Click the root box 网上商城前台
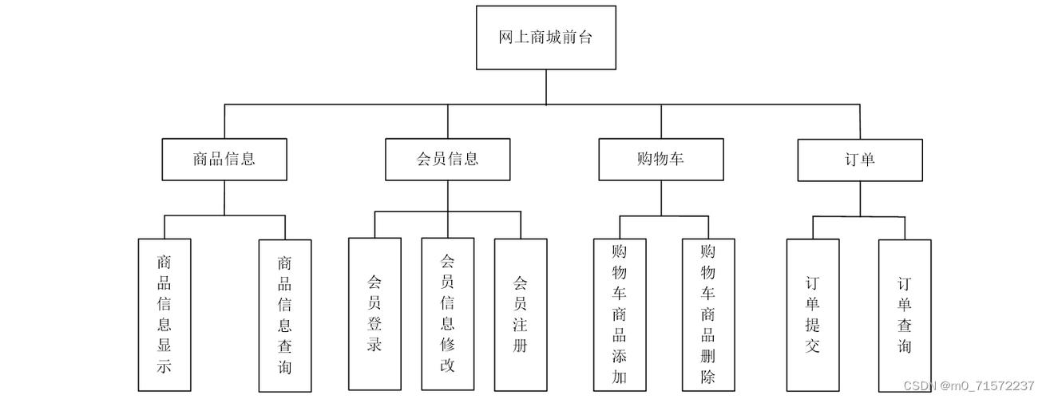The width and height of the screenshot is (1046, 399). pos(546,38)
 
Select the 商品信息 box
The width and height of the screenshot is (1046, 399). pos(224,159)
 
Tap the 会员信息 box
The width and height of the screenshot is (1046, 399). pos(447,159)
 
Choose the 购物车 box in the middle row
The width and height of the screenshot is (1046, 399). pos(661,159)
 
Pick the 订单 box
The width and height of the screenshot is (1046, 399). pos(860,159)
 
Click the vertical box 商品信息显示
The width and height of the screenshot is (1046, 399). pos(164,314)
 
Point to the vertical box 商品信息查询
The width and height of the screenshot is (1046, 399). pos(285,314)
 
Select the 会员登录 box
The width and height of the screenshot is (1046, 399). pos(374,314)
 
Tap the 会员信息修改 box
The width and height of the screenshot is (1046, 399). pos(447,314)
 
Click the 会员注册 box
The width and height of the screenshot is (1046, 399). pos(521,314)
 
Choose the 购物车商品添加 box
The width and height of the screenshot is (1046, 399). pos(620,314)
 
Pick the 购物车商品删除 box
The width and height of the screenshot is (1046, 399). pos(708,314)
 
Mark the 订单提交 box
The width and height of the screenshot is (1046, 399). pos(813,314)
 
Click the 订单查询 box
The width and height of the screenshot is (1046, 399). pos(905,314)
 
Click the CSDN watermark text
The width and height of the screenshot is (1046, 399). pos(968,386)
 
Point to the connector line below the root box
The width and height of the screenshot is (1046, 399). pos(546,87)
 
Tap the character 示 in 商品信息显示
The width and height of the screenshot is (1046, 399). pos(164,367)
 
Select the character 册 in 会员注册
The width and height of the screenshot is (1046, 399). pos(521,346)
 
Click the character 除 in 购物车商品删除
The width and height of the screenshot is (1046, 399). pos(708,377)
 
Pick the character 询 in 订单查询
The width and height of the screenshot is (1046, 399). pos(905,346)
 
